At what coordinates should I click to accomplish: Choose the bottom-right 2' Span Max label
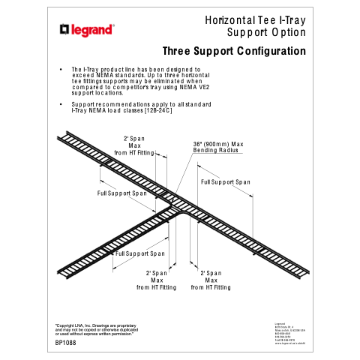click(x=210, y=280)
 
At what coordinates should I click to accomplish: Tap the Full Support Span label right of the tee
click(x=225, y=182)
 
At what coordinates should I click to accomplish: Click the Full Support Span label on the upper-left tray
click(x=121, y=193)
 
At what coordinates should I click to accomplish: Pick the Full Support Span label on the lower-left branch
click(x=140, y=253)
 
